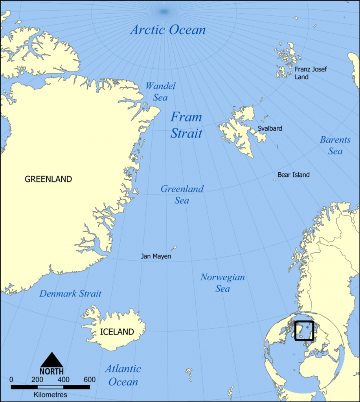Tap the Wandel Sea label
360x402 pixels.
click(160, 91)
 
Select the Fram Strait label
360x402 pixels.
click(186, 125)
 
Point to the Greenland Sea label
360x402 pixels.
click(182, 194)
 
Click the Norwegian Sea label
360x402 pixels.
click(222, 283)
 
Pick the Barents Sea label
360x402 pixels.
click(335, 145)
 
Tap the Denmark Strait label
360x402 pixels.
click(70, 294)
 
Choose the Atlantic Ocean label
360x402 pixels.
click(123, 375)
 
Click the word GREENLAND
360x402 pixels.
click(48, 179)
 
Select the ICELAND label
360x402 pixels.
click(117, 332)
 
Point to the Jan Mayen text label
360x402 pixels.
click(156, 257)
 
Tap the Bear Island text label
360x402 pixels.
click(293, 175)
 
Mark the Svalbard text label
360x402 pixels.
click(270, 128)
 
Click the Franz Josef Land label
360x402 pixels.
click(310, 73)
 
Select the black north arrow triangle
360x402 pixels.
click(51, 360)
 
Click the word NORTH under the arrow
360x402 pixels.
click(51, 371)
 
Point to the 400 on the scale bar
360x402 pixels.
click(63, 380)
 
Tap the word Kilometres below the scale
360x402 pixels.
click(50, 395)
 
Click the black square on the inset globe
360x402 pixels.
click(304, 331)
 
